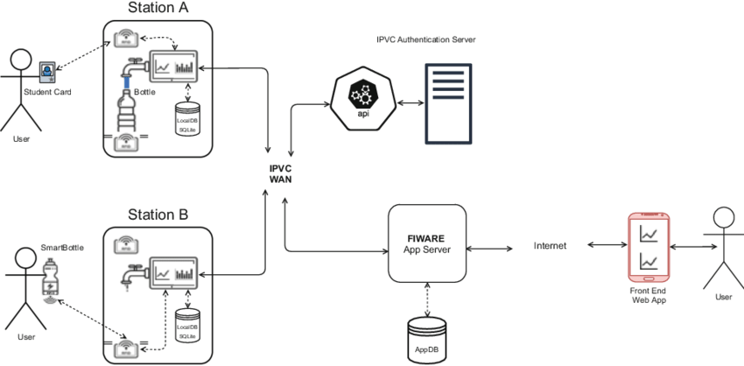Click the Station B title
158,215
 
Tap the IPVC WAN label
280,172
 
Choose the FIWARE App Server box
426,243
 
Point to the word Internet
550,246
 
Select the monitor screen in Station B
175,273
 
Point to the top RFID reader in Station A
124,39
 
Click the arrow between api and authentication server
405,102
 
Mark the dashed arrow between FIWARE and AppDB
426,301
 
